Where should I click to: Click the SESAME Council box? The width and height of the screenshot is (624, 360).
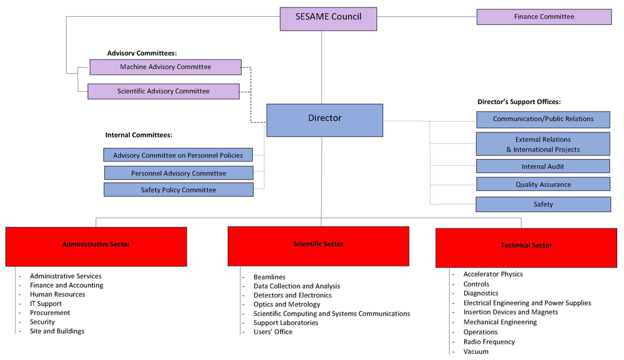point(328,19)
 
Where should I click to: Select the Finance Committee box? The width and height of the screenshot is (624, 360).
point(544,17)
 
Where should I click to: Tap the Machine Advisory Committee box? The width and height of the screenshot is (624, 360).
point(165,67)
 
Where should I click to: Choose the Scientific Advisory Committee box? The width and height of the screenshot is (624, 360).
point(163,91)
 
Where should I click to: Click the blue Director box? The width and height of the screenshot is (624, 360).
point(324,120)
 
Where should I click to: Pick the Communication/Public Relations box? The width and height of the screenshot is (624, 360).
point(544,119)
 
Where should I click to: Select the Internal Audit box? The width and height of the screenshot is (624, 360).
point(543,167)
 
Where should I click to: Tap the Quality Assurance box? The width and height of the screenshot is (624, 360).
point(544,184)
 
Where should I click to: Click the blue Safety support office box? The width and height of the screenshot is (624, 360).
point(544,204)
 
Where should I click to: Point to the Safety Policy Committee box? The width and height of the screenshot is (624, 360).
point(178,190)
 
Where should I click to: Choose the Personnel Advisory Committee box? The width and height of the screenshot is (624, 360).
point(178,173)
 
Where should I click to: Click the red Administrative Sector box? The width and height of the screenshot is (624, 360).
point(96,246)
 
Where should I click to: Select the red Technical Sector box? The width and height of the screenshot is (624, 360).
point(526,248)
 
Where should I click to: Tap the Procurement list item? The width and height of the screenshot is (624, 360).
point(50,313)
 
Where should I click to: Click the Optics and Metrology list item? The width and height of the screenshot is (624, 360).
point(286,304)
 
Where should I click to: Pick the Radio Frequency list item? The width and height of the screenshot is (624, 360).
point(489,342)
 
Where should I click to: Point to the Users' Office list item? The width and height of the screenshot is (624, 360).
point(273,332)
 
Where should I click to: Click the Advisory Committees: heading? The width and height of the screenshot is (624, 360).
point(142,53)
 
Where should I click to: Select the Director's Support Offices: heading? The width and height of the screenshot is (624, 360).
point(519,102)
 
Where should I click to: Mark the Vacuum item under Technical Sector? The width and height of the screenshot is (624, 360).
point(475,352)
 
